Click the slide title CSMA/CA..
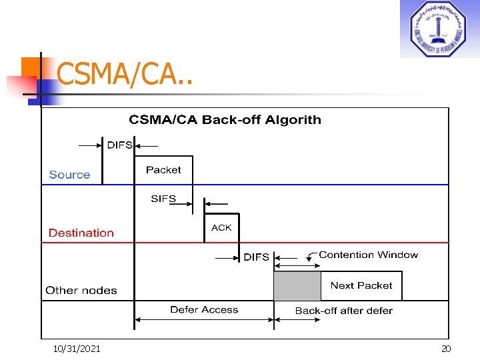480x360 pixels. (x=124, y=75)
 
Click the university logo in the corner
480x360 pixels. (x=439, y=29)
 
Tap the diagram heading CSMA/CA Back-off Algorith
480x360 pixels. (x=225, y=120)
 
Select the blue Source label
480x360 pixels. (x=69, y=175)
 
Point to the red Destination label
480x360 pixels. (x=81, y=233)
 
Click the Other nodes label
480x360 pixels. (x=81, y=290)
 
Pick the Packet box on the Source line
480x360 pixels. (x=163, y=171)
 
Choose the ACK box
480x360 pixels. (x=221, y=228)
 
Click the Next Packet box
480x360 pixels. (x=361, y=285)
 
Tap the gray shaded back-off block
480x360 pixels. (x=297, y=286)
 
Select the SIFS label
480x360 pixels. (x=163, y=199)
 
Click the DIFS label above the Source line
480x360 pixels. (x=120, y=145)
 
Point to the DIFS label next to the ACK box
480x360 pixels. (x=257, y=257)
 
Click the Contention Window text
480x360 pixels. (x=369, y=255)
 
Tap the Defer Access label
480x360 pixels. (x=204, y=309)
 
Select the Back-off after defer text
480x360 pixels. (x=344, y=311)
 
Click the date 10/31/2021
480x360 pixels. (x=77, y=349)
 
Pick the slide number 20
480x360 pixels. (x=446, y=349)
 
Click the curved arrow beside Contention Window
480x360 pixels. (x=311, y=256)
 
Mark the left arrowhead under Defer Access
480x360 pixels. (x=138, y=320)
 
